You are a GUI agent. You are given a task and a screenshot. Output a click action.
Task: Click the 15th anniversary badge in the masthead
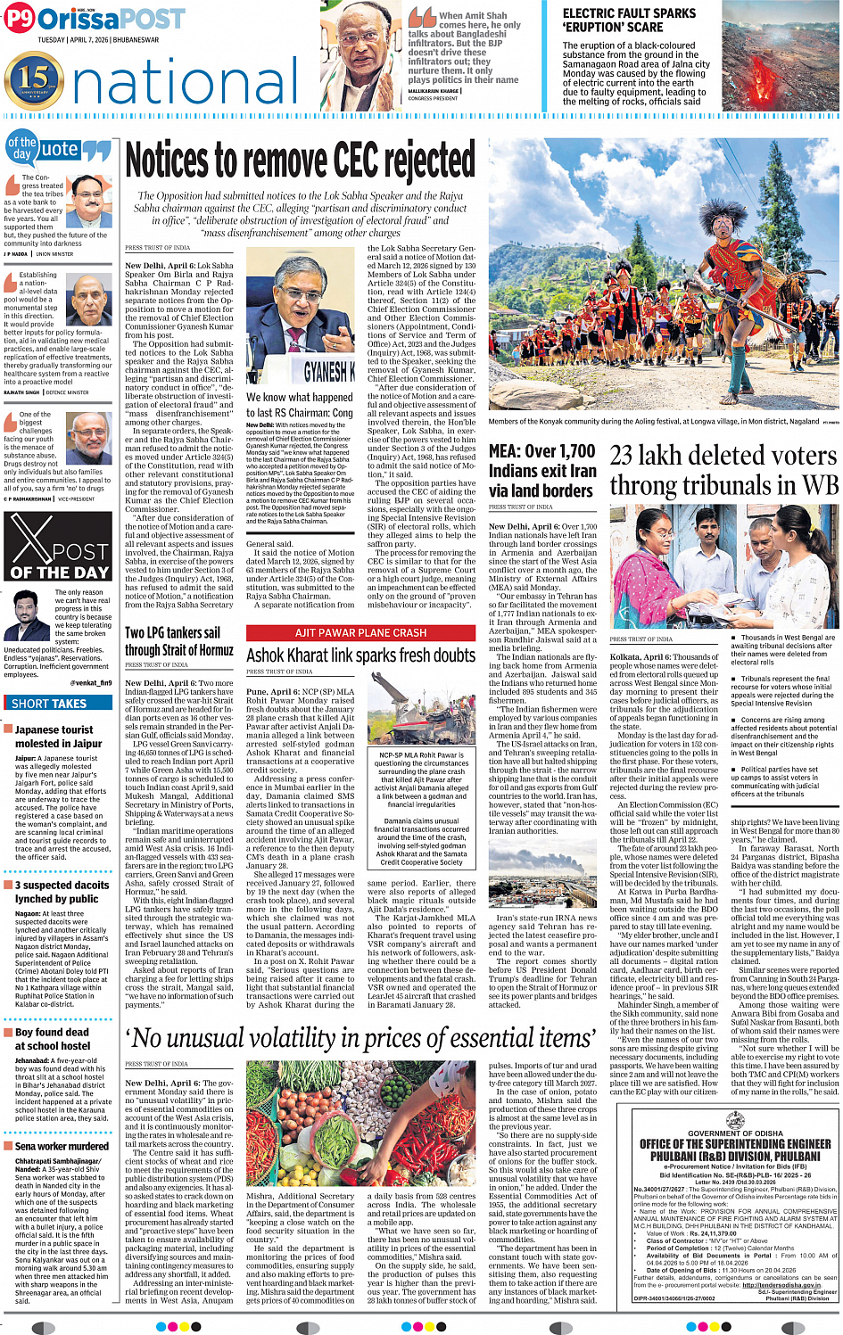[x=34, y=80]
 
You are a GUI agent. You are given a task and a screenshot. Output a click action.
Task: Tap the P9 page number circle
[x=19, y=19]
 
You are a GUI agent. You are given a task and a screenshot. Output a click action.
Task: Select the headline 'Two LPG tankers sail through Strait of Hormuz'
[x=179, y=641]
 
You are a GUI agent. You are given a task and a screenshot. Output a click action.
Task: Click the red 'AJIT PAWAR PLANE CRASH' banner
[x=360, y=632]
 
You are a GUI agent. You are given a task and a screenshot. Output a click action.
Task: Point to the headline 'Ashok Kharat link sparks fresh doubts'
[x=360, y=655]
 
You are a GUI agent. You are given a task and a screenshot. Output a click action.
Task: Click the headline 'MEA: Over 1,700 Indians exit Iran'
[x=541, y=471]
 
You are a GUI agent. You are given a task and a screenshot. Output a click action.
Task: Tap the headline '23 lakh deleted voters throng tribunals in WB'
[x=723, y=471]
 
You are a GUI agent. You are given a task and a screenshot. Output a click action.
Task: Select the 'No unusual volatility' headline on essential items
[x=361, y=1038]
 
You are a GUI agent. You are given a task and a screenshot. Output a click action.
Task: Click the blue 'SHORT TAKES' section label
[x=49, y=704]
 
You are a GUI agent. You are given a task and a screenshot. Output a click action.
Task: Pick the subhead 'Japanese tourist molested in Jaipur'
[x=59, y=737]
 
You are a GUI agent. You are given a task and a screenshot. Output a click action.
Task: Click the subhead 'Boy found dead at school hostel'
[x=53, y=1039]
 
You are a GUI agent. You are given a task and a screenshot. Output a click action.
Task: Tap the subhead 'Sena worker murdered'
[x=62, y=1146]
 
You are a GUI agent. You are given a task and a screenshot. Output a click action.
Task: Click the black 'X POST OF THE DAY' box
[x=60, y=548]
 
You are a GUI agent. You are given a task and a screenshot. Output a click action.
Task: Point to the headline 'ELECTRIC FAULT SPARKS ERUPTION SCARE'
[x=629, y=21]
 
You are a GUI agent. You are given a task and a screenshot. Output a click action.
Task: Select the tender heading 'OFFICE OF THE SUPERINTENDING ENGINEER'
[x=735, y=1144]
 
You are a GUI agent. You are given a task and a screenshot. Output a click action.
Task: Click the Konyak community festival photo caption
[x=654, y=422]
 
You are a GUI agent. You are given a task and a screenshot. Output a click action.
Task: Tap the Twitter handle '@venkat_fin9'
[x=91, y=683]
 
